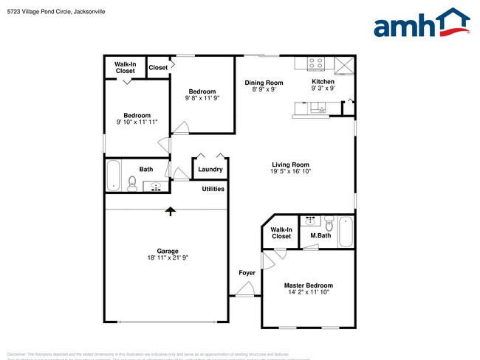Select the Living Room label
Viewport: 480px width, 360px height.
pos(290,165)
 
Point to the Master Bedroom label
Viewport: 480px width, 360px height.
pos(309,285)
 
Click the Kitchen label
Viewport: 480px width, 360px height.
pos(323,82)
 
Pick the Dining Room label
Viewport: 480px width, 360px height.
pos(264,83)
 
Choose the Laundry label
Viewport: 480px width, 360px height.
pos(210,170)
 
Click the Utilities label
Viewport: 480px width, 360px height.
pos(213,190)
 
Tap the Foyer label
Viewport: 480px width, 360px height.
pos(247,273)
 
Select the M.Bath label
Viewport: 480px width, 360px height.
pos(320,236)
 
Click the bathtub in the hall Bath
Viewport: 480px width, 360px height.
pos(113,176)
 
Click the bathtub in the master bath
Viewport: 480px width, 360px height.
pos(346,231)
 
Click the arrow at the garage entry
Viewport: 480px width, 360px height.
pos(171,211)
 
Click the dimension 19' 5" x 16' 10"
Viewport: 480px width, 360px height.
pos(290,173)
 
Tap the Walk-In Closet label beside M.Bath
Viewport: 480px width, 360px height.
pos(281,233)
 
